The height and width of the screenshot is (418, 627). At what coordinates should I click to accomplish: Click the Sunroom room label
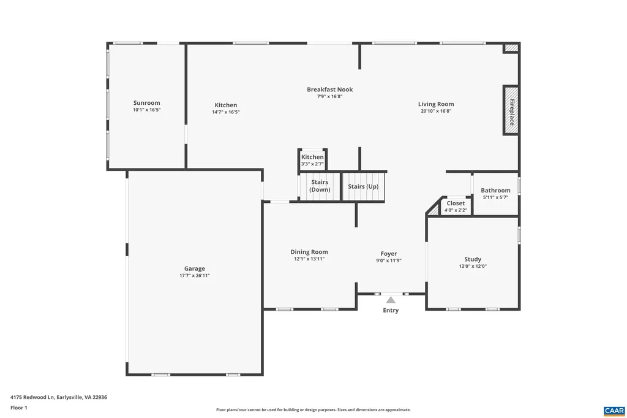(146, 103)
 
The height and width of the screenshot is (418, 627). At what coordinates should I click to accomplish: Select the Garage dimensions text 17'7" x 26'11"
(195, 276)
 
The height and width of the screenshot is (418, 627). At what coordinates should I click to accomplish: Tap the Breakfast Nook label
(329, 89)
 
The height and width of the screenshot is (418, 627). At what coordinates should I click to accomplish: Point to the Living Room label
(436, 104)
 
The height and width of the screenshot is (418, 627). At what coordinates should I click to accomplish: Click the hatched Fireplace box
(511, 110)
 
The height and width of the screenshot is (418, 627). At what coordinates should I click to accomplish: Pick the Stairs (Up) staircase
(363, 186)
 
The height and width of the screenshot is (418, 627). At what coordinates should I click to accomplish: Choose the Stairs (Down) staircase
(319, 186)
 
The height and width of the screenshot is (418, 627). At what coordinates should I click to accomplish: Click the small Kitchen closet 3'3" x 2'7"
(312, 160)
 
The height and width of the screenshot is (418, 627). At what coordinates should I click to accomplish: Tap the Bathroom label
(495, 191)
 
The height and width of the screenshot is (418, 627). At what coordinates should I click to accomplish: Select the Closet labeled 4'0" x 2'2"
(456, 206)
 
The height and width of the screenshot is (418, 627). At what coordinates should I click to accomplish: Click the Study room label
(473, 259)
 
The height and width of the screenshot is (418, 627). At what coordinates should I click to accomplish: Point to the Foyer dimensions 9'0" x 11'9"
(389, 260)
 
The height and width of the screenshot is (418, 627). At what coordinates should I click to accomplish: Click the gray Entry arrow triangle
(391, 300)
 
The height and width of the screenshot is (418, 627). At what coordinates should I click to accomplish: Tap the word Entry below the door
(391, 310)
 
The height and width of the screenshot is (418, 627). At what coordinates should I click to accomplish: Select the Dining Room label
(309, 252)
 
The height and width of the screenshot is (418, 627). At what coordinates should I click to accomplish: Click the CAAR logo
(614, 410)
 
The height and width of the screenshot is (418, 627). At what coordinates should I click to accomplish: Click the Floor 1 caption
(19, 408)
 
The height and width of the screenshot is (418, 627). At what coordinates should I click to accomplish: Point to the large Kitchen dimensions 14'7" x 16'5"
(225, 112)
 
